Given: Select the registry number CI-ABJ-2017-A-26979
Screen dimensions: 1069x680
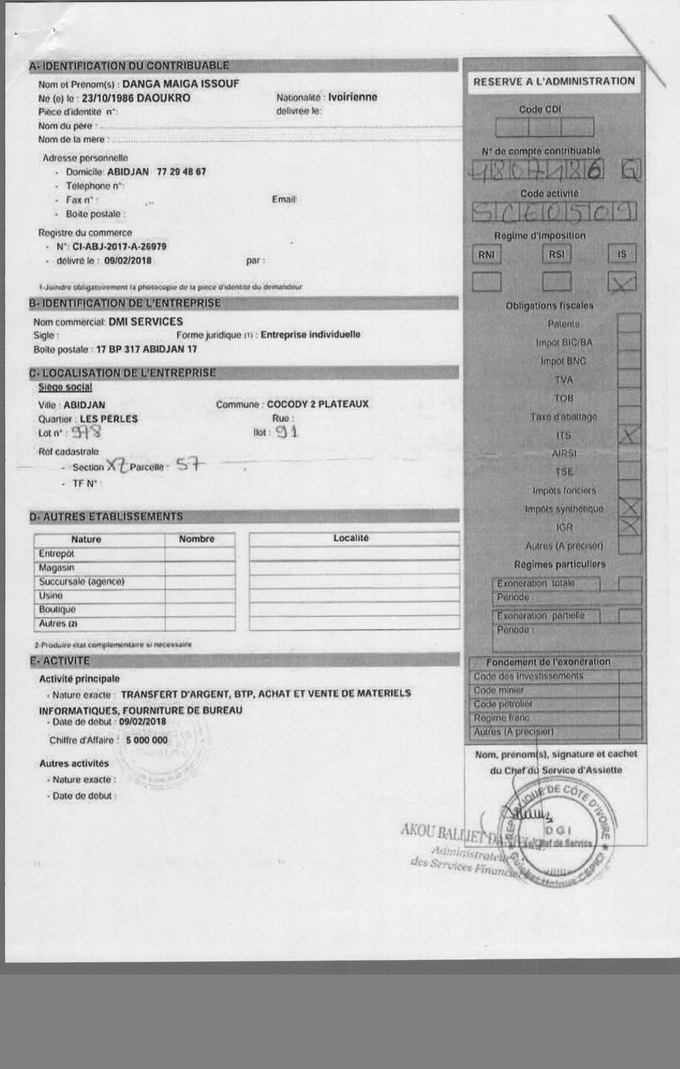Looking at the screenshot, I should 116,246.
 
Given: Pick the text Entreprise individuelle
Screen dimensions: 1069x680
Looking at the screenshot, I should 310,334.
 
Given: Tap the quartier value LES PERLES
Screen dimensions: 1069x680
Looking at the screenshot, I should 109,419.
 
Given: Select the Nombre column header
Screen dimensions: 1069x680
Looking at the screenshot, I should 197,539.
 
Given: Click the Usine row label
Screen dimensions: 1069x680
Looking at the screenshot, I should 51,595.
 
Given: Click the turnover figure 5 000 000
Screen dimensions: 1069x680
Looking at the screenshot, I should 147,740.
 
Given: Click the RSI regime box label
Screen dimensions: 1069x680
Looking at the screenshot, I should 557,254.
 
